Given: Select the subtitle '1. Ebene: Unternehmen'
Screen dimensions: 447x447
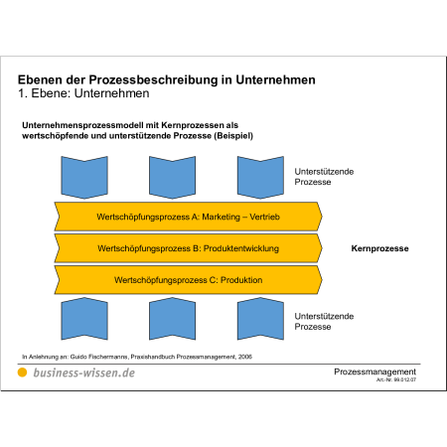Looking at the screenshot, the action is (83, 93).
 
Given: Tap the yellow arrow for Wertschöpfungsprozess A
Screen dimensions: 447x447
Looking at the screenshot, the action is (188, 217).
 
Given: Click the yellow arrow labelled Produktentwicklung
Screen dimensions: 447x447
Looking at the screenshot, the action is (188, 248).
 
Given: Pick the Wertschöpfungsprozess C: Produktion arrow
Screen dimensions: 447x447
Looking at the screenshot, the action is (188, 280).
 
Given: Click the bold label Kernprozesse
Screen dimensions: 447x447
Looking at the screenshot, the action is (379, 248).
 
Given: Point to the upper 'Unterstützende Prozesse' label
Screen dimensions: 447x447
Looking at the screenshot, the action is (324, 177).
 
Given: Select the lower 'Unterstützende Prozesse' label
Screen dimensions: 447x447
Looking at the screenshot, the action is (324, 322).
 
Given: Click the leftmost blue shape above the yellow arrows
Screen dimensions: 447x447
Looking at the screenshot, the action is (84, 178).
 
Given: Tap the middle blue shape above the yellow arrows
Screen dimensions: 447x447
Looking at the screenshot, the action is (172, 178).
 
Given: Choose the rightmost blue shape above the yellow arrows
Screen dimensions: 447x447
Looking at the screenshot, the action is (260, 178).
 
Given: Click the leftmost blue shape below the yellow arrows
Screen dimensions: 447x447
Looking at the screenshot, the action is (84, 319).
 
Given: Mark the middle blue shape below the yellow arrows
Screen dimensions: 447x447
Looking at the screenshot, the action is (172, 319).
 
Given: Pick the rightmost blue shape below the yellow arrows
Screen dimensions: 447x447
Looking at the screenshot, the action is (260, 319).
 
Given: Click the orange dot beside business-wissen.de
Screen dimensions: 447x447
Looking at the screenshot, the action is (22, 372).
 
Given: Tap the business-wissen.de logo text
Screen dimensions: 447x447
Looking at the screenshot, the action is (84, 372).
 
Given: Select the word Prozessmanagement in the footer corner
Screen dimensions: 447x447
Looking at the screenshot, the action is (374, 372).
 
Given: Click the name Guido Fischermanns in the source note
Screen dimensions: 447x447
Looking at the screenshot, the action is (98, 357).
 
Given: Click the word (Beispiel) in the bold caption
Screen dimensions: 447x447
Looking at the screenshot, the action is (233, 136).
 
